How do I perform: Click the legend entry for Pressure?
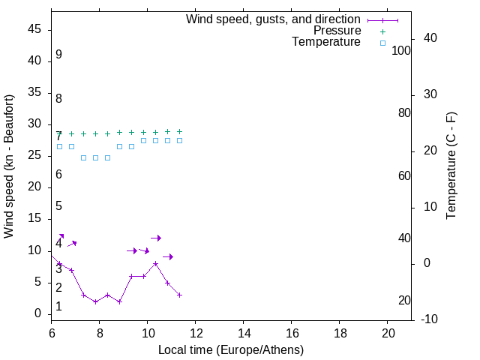click(x=337, y=31)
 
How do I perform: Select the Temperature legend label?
click(x=326, y=42)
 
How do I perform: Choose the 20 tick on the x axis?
click(x=388, y=331)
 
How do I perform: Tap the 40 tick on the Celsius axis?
click(x=430, y=38)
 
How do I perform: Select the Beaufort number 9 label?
click(x=58, y=55)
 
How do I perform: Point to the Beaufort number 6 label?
click(x=58, y=175)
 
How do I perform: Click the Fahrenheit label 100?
click(x=402, y=50)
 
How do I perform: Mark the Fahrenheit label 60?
click(x=404, y=175)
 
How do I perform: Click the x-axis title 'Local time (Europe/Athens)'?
click(x=231, y=349)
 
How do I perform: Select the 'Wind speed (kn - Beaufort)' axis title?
click(x=9, y=166)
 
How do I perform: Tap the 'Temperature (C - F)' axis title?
click(x=451, y=166)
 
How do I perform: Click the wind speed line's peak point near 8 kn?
click(x=155, y=263)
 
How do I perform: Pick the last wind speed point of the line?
click(x=179, y=295)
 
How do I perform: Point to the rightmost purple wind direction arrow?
click(x=168, y=257)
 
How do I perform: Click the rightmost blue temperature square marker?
click(x=179, y=140)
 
